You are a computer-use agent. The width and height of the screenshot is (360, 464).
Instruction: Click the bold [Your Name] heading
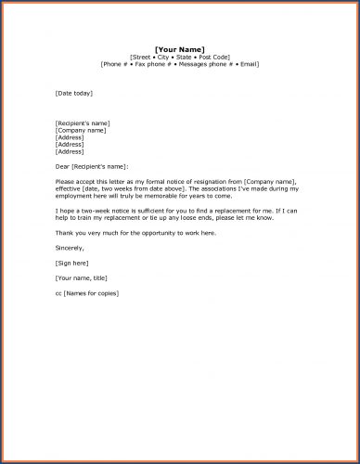coord(180,48)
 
